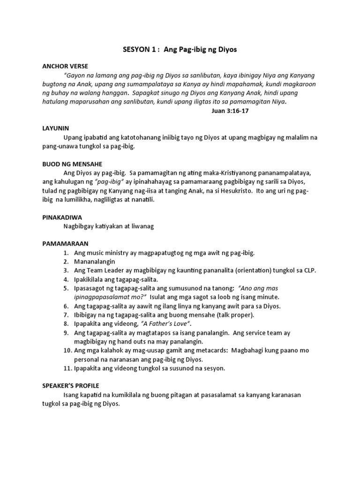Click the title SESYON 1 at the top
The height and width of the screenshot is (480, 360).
point(140,50)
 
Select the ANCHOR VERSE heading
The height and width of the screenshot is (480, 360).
point(65,66)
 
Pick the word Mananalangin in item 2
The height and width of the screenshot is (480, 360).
point(94,262)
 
